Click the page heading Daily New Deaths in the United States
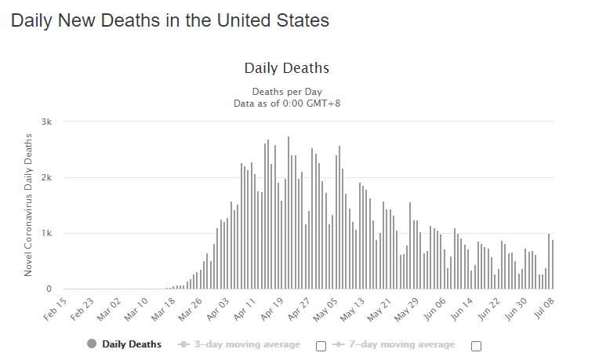click(x=169, y=21)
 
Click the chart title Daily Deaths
click(x=286, y=69)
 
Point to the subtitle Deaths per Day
click(x=286, y=92)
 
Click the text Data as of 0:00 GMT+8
click(x=286, y=103)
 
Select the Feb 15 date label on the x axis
click(x=56, y=307)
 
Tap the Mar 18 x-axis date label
click(x=165, y=307)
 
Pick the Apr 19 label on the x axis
click(x=274, y=307)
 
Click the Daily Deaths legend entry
click(x=131, y=344)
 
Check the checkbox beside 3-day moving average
click(x=321, y=346)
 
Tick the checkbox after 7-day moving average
click(x=476, y=346)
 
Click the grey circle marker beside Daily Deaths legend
click(x=92, y=344)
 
